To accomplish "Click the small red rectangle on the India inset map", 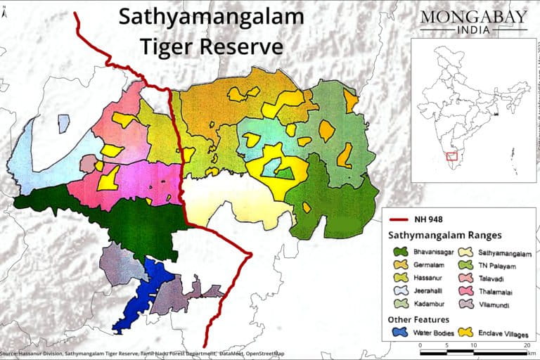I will (452, 155).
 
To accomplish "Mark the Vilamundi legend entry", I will (499, 305).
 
